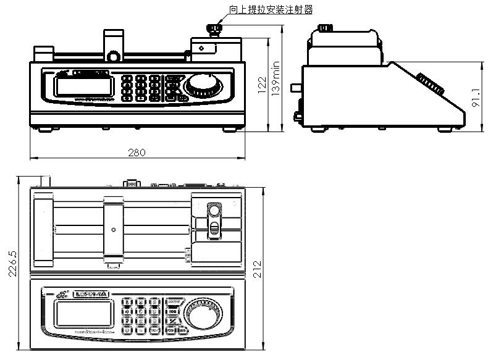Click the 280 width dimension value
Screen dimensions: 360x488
[x=137, y=153]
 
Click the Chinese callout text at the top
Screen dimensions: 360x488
[x=271, y=9]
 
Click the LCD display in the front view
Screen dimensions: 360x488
[x=75, y=86]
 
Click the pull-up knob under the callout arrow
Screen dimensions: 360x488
[x=214, y=29]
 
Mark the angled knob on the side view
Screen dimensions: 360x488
[x=430, y=85]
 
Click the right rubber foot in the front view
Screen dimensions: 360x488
[x=230, y=129]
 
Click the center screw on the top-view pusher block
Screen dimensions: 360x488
[x=114, y=230]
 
